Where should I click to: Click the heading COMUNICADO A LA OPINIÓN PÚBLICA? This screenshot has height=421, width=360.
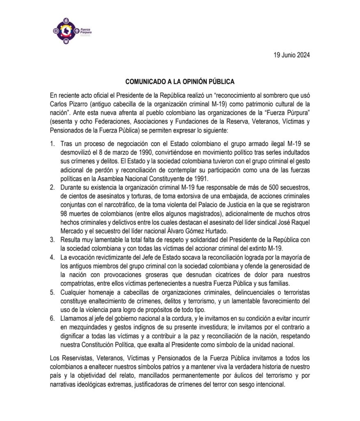tap(180, 81)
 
